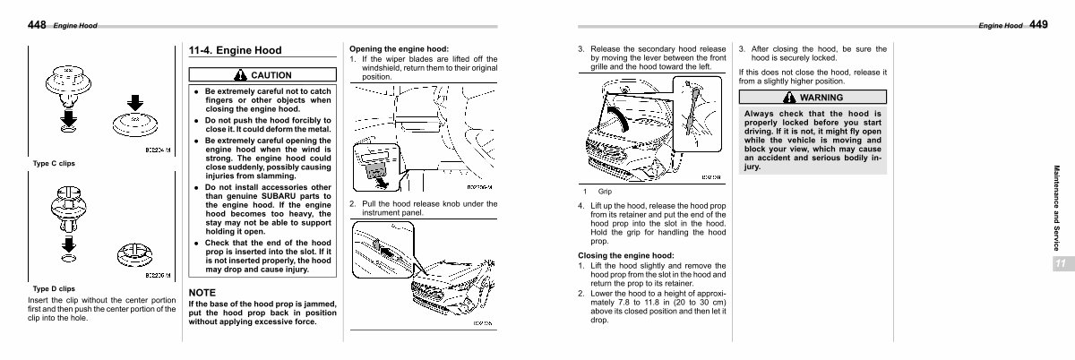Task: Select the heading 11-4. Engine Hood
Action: pyautogui.click(x=236, y=50)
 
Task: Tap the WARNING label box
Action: pyautogui.click(x=813, y=97)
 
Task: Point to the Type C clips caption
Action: pyautogui.click(x=54, y=163)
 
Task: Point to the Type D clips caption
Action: pyautogui.click(x=54, y=289)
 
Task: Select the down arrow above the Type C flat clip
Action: pyautogui.click(x=132, y=101)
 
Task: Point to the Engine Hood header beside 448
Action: pyautogui.click(x=75, y=27)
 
